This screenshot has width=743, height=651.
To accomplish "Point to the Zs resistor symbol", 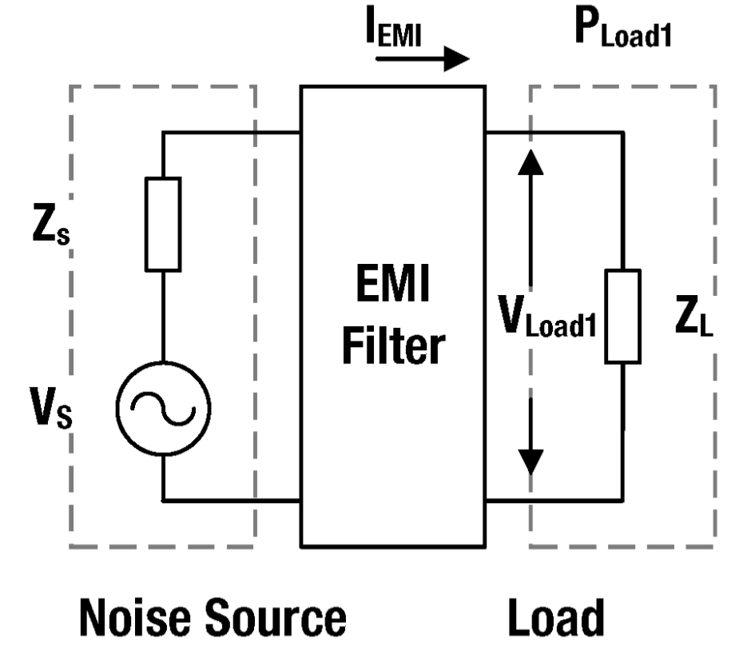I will point(162,223).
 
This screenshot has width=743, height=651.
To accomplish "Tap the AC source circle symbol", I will point(163,409).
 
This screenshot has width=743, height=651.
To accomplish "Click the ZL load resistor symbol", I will point(623,316).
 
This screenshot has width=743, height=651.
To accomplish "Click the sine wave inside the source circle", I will point(163,409).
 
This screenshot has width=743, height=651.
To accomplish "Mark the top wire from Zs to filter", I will point(232,133).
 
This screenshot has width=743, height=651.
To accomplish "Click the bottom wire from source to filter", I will point(232,501).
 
